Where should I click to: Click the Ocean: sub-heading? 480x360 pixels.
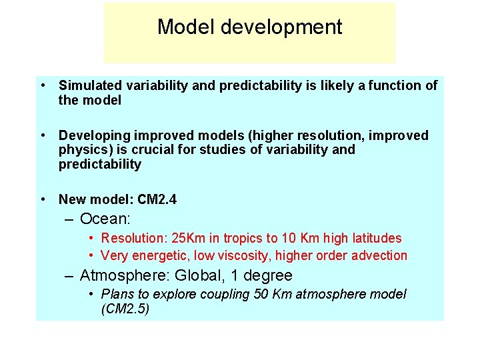[x=104, y=219]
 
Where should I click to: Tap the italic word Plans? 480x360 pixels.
[x=116, y=294]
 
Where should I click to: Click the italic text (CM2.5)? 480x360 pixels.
[x=125, y=309]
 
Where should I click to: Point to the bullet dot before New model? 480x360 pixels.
[x=42, y=199]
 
